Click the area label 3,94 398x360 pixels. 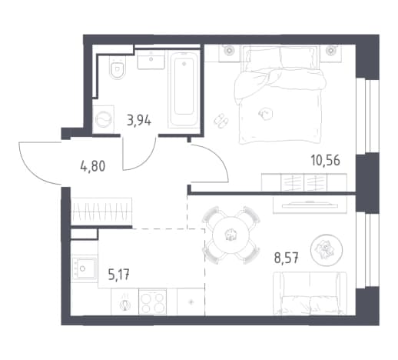point(139,120)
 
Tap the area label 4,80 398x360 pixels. point(93,166)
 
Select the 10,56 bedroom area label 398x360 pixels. point(326,161)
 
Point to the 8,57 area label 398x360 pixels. point(287,258)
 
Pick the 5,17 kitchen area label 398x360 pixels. point(119,275)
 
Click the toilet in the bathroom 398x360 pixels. point(118,67)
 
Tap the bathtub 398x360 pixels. point(184,88)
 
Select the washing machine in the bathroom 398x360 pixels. point(104,119)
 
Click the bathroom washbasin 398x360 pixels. point(151,59)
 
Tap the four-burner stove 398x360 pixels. point(152,302)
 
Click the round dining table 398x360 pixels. point(231,235)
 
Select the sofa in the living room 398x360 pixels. point(310,293)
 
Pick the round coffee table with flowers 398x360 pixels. point(327,250)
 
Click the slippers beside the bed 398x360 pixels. point(221,120)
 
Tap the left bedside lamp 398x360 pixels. point(228,50)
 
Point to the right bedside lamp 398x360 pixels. point(331,50)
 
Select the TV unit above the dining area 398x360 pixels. point(310,205)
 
